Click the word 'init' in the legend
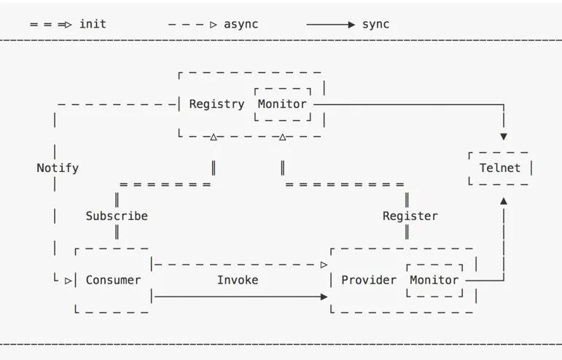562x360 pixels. [93, 24]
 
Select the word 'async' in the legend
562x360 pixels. [241, 24]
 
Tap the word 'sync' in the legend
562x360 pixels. [375, 24]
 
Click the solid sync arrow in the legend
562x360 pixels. [330, 24]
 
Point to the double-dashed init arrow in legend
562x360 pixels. [51, 24]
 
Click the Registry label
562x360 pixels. [216, 104]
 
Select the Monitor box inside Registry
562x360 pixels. [282, 104]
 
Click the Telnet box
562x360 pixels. [500, 168]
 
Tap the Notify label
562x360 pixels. [58, 168]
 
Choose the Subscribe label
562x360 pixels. [117, 216]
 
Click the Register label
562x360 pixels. [410, 216]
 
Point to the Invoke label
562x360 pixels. [238, 280]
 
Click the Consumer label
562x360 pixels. [113, 280]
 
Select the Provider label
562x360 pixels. [369, 280]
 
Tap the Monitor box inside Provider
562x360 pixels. [434, 280]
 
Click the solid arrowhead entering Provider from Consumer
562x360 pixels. [324, 297]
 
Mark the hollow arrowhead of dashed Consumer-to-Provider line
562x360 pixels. [324, 265]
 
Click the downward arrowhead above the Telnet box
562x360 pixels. [504, 136]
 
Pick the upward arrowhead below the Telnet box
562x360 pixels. [504, 200]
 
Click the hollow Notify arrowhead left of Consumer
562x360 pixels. [69, 280]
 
